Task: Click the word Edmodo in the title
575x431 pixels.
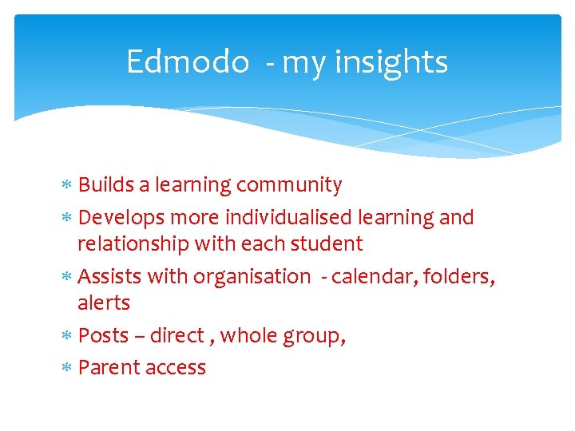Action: pos(188,61)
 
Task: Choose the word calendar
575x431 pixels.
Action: pos(367,277)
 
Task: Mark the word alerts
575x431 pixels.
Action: pos(104,303)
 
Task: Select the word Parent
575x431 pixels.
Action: pos(108,368)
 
